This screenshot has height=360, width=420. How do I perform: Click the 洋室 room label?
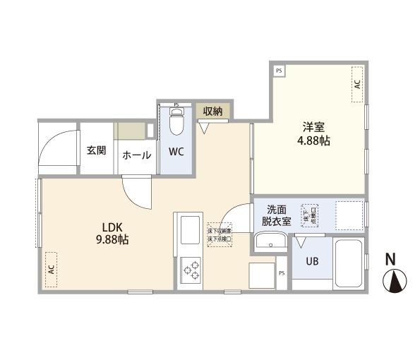(x=313, y=127)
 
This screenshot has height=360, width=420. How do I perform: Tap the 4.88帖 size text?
(x=313, y=140)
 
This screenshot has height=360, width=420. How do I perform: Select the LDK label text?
(x=113, y=227)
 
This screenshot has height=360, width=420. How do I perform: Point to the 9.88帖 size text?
(x=113, y=240)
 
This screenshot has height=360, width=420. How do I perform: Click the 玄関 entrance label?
(x=96, y=150)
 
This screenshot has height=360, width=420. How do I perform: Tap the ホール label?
(x=136, y=155)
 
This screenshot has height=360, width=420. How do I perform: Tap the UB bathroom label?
(x=311, y=260)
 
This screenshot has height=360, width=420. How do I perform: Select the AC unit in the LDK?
(x=51, y=269)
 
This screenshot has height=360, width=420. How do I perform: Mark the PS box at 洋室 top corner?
(x=280, y=71)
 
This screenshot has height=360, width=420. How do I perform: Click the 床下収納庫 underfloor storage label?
(x=220, y=231)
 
